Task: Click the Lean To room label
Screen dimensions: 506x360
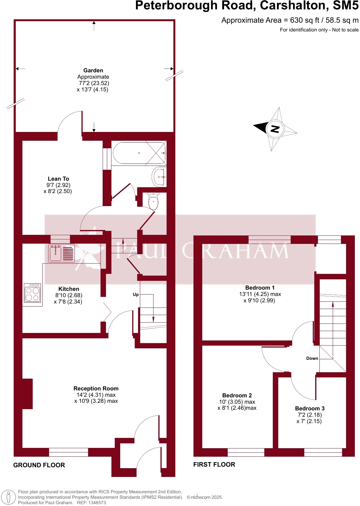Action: [58, 179]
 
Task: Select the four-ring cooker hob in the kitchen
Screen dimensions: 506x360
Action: [33, 293]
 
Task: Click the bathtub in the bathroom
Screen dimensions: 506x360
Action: [139, 153]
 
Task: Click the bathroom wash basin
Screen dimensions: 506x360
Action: [159, 177]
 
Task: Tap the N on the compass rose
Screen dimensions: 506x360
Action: [275, 129]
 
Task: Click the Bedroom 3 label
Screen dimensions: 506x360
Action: [310, 409]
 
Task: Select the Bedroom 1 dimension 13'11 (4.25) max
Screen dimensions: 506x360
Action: [260, 294]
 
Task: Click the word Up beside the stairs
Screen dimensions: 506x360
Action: [136, 294]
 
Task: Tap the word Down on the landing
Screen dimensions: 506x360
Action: [312, 358]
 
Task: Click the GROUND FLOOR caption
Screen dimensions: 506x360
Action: [39, 465]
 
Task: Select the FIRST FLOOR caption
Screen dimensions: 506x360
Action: [214, 465]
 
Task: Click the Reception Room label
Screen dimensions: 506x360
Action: [96, 389]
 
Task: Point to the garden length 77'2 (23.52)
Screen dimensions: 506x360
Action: [94, 83]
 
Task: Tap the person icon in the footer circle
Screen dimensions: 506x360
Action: [8, 497]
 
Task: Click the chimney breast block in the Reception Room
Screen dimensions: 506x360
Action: [27, 394]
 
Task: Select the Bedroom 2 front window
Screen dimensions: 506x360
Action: [246, 452]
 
